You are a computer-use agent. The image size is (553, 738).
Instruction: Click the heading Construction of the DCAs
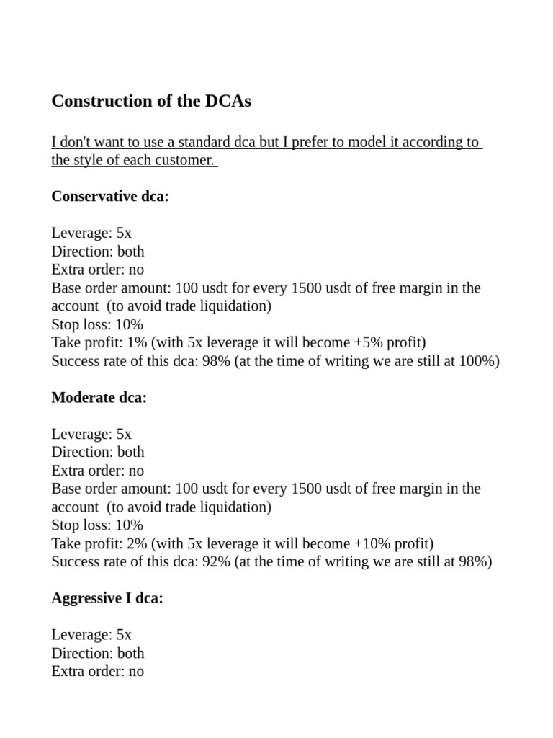(151, 102)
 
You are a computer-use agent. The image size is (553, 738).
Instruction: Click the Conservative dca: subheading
(110, 196)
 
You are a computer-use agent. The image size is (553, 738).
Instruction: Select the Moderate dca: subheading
(99, 397)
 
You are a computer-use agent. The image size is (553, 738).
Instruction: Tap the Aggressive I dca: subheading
(107, 597)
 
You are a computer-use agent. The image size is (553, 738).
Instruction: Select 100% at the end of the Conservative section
(477, 361)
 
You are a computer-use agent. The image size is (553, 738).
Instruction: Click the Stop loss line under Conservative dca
(97, 324)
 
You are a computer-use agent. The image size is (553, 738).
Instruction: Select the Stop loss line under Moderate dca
(97, 525)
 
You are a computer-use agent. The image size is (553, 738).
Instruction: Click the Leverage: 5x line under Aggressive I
(91, 635)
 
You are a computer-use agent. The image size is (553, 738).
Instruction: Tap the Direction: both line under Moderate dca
(98, 452)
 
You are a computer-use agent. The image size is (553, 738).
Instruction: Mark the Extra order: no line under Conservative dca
(98, 270)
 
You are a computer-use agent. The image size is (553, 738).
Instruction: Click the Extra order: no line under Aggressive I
(98, 671)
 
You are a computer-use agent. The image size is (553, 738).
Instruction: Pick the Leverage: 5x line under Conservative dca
(91, 233)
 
